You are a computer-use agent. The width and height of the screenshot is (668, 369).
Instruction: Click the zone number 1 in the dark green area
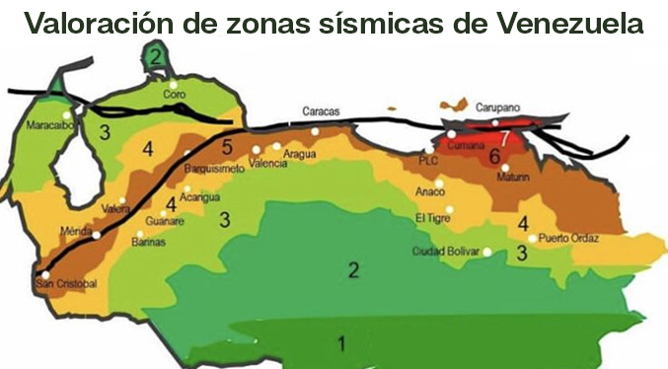[x=341, y=344]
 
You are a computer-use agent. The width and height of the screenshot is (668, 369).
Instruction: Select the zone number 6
[x=493, y=156]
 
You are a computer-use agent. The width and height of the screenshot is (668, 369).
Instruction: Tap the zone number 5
[x=226, y=148]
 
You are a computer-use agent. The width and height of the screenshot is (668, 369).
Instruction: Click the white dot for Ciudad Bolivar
[x=487, y=253]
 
